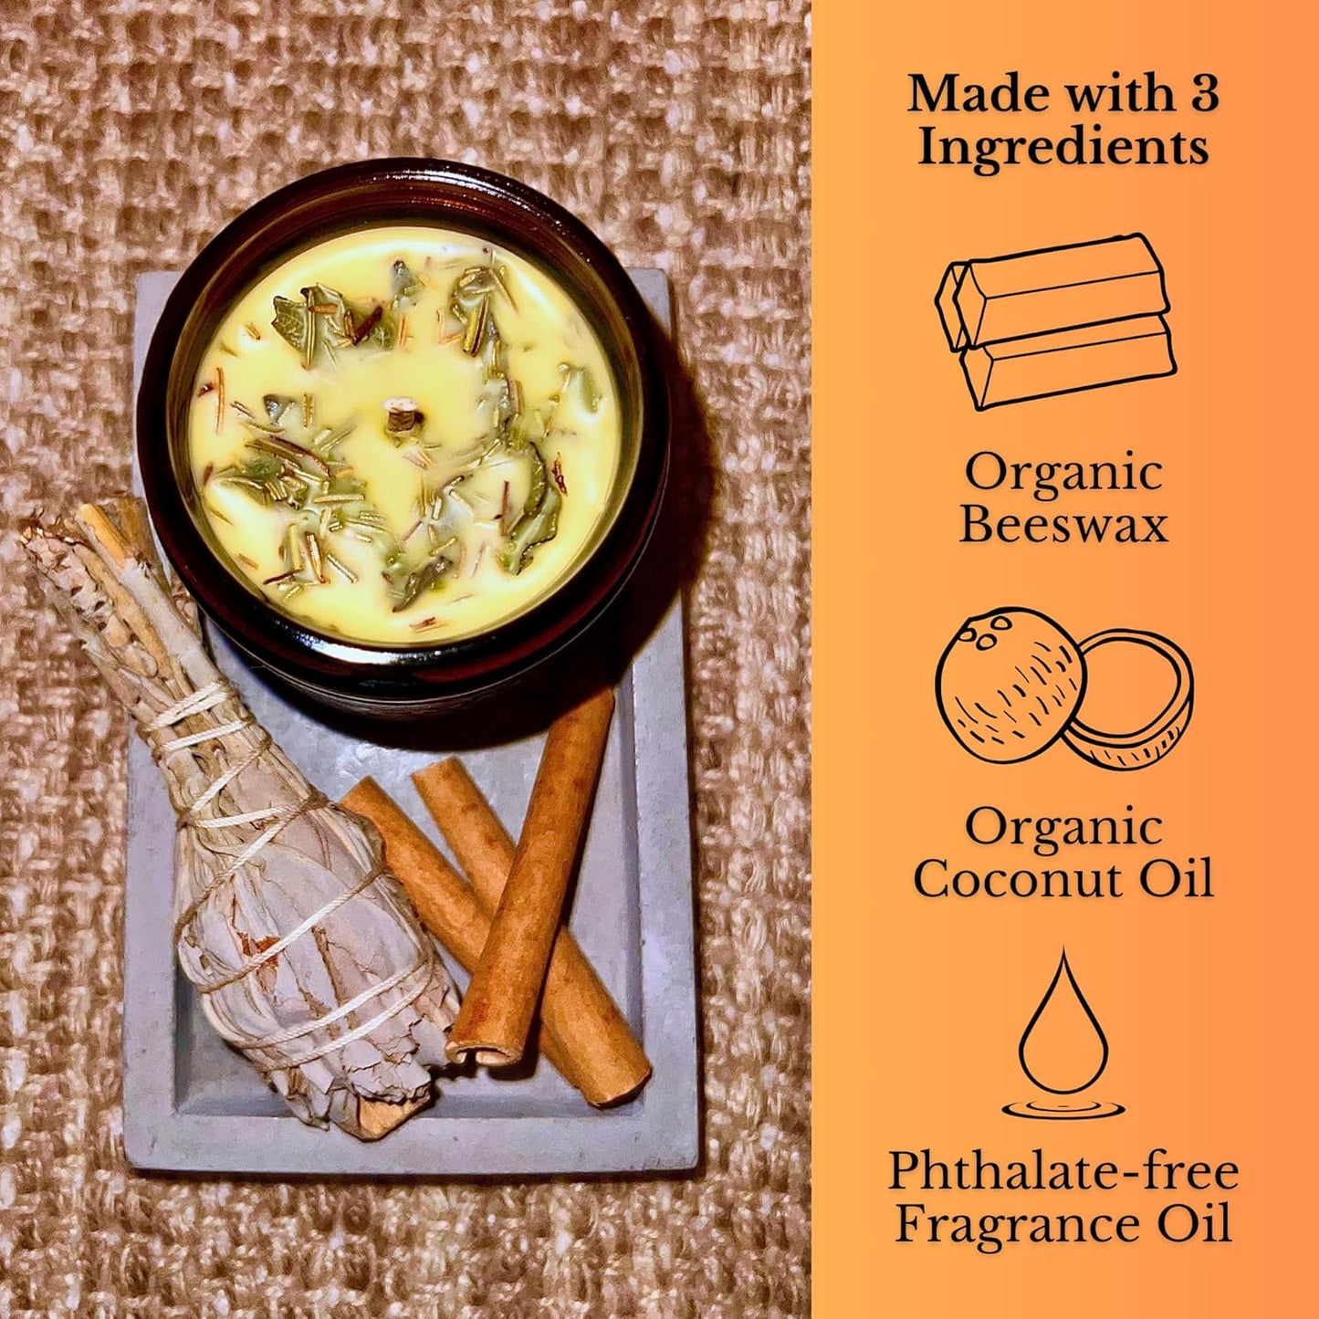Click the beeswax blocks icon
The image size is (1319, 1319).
pyautogui.click(x=1055, y=321)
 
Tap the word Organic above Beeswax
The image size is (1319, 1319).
pyautogui.click(x=1063, y=474)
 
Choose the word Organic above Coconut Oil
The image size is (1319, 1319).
pyautogui.click(x=1063, y=828)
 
